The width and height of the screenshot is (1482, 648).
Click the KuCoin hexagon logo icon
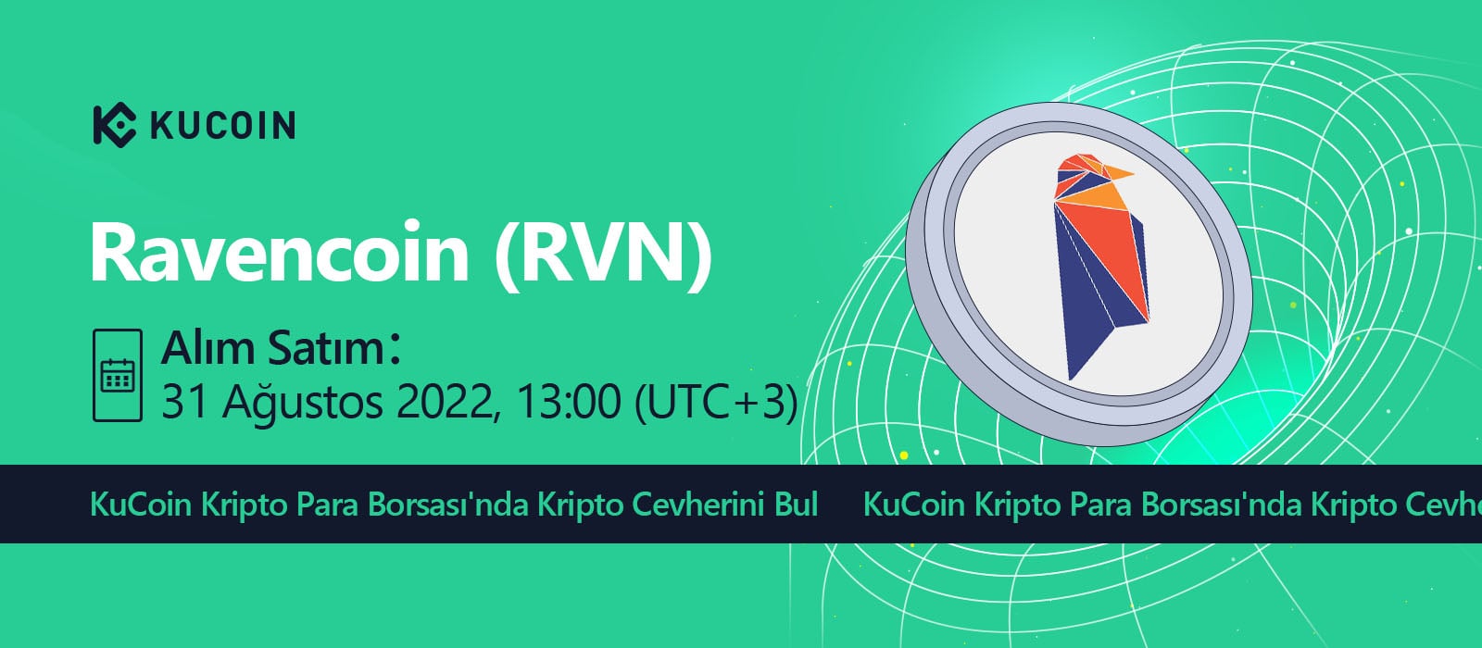115,125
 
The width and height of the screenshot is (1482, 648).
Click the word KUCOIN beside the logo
223,126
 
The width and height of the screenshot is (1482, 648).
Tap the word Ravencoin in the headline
280,253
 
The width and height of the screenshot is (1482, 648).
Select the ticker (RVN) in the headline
603,255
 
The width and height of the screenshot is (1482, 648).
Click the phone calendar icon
118,375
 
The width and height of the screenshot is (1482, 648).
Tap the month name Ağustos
302,402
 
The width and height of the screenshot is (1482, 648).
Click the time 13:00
569,401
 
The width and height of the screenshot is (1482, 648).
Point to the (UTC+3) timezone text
717,402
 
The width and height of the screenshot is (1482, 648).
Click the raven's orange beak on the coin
1119,173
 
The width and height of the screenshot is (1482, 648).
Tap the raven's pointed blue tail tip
1071,379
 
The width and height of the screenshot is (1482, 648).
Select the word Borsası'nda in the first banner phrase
448,505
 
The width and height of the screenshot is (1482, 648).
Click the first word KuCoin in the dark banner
141,505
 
